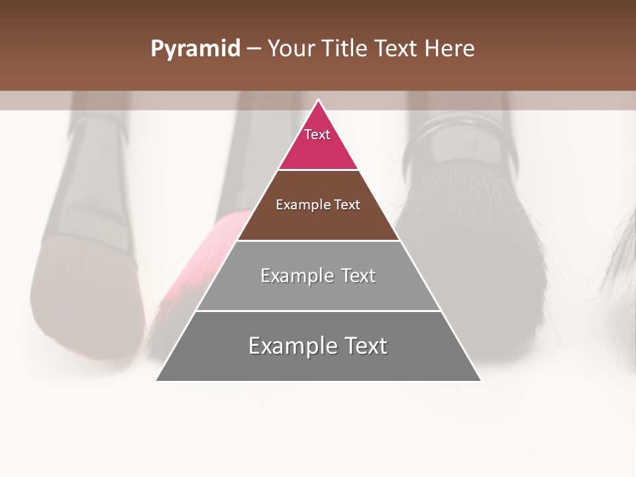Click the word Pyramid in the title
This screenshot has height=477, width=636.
[195, 48]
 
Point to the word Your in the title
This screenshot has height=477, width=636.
[291, 48]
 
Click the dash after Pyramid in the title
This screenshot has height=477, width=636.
[254, 49]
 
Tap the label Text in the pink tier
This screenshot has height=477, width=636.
[317, 134]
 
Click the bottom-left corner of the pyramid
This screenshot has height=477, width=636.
[157, 380]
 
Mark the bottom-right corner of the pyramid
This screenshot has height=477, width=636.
[480, 380]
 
